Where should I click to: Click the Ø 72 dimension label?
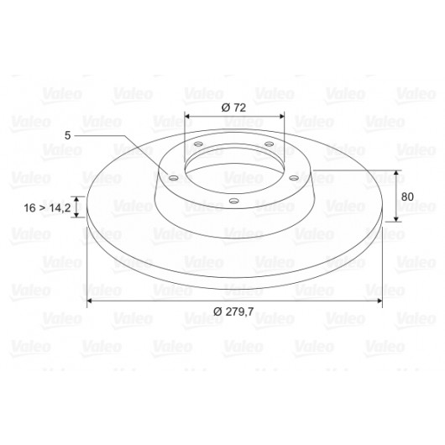click(233, 107)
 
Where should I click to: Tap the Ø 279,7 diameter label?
click(233, 311)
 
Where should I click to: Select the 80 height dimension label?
click(407, 196)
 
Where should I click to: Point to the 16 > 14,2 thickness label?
click(47, 207)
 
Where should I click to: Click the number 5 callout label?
click(67, 136)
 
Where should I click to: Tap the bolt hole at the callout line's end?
click(173, 178)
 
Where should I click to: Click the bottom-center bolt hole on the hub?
click(233, 202)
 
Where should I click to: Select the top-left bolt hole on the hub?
click(198, 144)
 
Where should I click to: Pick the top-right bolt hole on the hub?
click(269, 144)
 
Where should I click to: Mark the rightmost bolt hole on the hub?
click(294, 178)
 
